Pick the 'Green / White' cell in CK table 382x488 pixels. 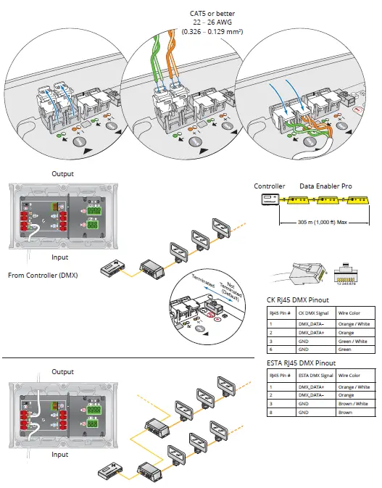(x=354, y=342)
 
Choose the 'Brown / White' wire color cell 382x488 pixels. (x=354, y=404)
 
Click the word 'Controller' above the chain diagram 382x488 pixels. (x=269, y=186)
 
